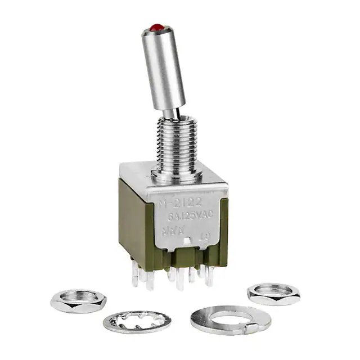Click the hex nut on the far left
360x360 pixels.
(x=78, y=300)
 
